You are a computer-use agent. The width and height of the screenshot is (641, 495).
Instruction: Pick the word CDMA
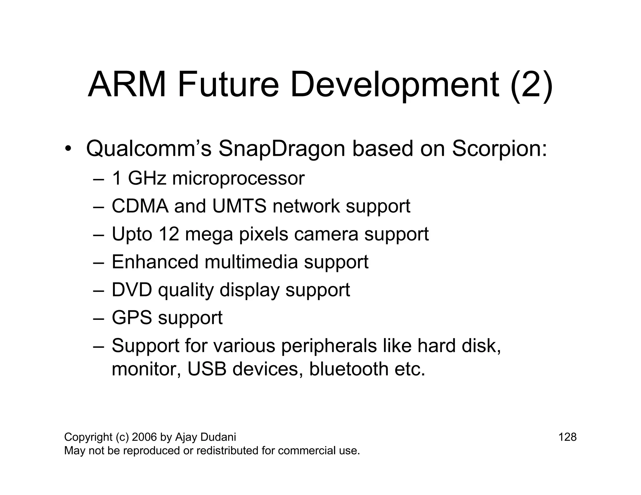pos(140,206)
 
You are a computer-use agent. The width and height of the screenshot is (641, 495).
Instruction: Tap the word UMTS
pos(239,206)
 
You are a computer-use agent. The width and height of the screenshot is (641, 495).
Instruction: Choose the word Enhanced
pos(155,262)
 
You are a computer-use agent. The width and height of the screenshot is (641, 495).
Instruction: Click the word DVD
pos(132,290)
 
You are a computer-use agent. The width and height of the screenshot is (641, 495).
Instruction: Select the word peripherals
pos(329,346)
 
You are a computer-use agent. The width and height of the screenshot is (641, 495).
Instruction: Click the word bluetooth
pos(349,369)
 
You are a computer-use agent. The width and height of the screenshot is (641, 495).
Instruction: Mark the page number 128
pos(567,437)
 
